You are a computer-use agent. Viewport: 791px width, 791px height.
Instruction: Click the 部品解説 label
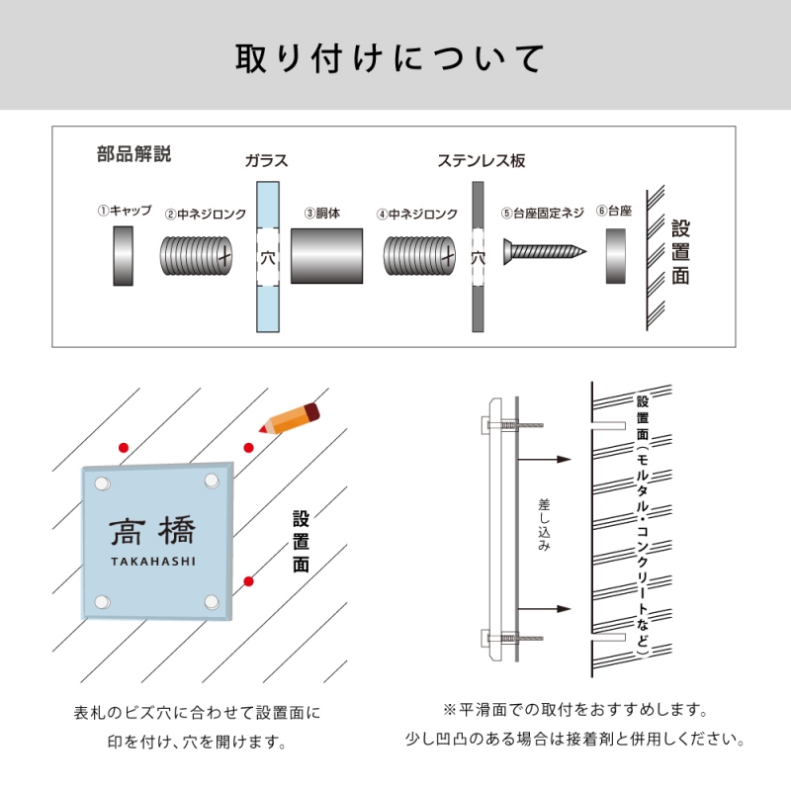[133, 154]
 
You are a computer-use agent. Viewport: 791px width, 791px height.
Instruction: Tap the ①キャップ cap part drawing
[123, 256]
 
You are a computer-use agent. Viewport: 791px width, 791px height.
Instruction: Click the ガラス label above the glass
[266, 161]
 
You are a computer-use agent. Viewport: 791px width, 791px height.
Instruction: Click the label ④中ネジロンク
[416, 213]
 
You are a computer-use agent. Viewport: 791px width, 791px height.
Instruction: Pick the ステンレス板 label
[481, 161]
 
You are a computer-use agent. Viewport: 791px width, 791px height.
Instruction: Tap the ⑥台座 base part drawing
[614, 256]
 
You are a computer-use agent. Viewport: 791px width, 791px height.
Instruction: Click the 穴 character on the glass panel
[267, 259]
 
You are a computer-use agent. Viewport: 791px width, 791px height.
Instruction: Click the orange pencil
[288, 418]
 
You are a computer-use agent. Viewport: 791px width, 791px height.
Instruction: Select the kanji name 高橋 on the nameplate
[152, 532]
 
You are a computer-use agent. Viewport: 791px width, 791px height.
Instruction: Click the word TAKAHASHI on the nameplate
[152, 561]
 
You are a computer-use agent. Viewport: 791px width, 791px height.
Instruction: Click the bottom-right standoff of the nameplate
[212, 600]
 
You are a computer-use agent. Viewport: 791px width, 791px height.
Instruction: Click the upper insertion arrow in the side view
[545, 459]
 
